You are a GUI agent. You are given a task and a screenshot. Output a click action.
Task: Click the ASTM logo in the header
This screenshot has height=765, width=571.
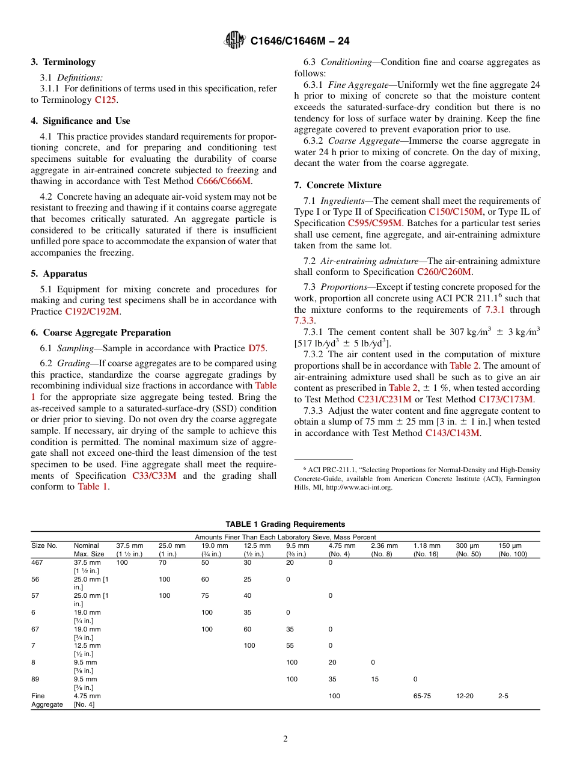(x=234, y=40)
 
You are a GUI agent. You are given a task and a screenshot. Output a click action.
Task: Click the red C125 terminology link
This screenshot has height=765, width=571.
(x=106, y=100)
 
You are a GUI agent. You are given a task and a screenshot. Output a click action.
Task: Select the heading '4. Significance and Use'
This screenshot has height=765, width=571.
(x=80, y=121)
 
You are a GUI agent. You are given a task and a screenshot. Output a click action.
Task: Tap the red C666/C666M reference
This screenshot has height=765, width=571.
(x=224, y=181)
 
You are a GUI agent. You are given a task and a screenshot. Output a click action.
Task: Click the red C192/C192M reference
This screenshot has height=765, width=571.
(x=92, y=312)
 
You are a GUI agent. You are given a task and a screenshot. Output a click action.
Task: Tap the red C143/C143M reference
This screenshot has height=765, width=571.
(x=452, y=433)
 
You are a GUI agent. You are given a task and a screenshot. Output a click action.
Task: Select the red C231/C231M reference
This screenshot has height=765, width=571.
(x=384, y=399)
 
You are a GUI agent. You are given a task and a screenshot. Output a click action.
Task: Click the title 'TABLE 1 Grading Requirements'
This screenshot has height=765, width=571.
(x=285, y=524)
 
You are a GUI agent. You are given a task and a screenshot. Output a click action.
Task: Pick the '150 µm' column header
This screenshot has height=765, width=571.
(x=508, y=546)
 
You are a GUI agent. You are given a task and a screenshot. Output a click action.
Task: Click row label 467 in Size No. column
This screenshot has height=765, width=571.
(x=37, y=562)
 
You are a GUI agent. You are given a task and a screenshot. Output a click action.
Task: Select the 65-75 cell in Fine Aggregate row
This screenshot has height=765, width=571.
(x=422, y=696)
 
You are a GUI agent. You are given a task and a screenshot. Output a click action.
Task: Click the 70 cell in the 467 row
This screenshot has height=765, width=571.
(x=162, y=562)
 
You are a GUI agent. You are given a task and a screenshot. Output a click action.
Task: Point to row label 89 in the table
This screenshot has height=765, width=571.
(x=35, y=679)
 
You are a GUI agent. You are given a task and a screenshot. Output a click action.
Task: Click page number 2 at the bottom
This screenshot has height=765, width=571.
(x=285, y=739)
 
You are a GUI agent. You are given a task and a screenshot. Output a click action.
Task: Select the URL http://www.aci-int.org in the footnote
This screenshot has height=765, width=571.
(x=358, y=488)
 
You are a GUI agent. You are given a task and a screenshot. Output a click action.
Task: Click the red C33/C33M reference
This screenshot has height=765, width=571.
(x=154, y=476)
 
